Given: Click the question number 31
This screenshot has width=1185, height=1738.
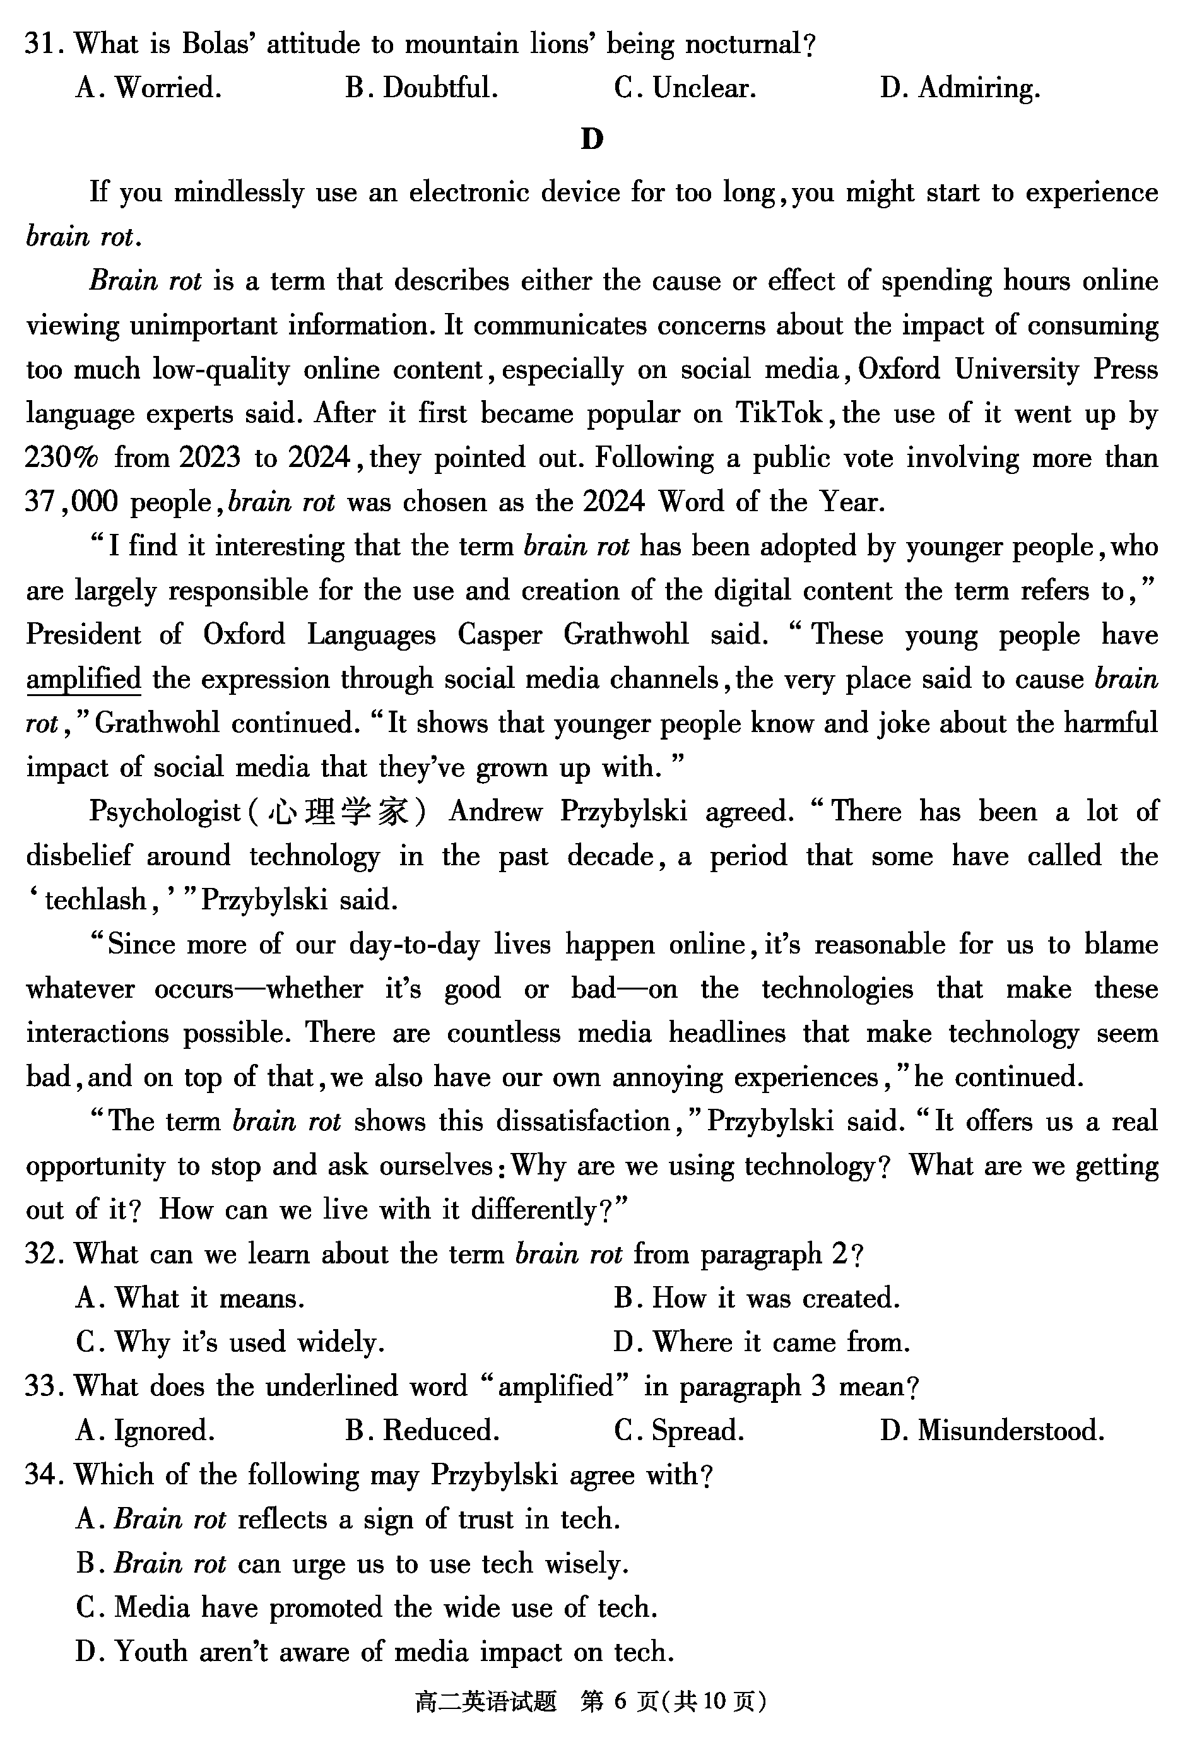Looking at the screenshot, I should (x=40, y=45).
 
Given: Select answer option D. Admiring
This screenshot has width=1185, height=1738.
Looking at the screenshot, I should (x=960, y=89).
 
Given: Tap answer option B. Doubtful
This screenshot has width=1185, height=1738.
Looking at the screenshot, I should (x=422, y=89).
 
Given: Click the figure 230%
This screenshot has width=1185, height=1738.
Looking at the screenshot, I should (x=61, y=458).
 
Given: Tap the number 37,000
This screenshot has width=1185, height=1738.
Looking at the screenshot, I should (x=72, y=502).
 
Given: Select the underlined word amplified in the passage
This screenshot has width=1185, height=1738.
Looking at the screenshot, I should (x=84, y=679).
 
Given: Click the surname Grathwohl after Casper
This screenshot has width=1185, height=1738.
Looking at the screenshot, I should (x=625, y=635).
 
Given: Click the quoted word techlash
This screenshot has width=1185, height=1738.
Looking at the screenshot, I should (x=96, y=901).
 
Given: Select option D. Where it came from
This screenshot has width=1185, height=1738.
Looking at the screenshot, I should (x=762, y=1343).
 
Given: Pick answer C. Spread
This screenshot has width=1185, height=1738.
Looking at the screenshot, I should (x=679, y=1431).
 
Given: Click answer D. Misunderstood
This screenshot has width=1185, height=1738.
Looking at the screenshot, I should (x=992, y=1431).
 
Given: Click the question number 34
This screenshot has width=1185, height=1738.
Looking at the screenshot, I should (x=40, y=1475).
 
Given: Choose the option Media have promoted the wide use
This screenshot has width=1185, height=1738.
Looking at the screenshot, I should (x=367, y=1608).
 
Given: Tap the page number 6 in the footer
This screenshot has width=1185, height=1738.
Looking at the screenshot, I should (x=619, y=1702).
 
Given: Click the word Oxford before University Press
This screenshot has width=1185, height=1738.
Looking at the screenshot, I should (x=899, y=369).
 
